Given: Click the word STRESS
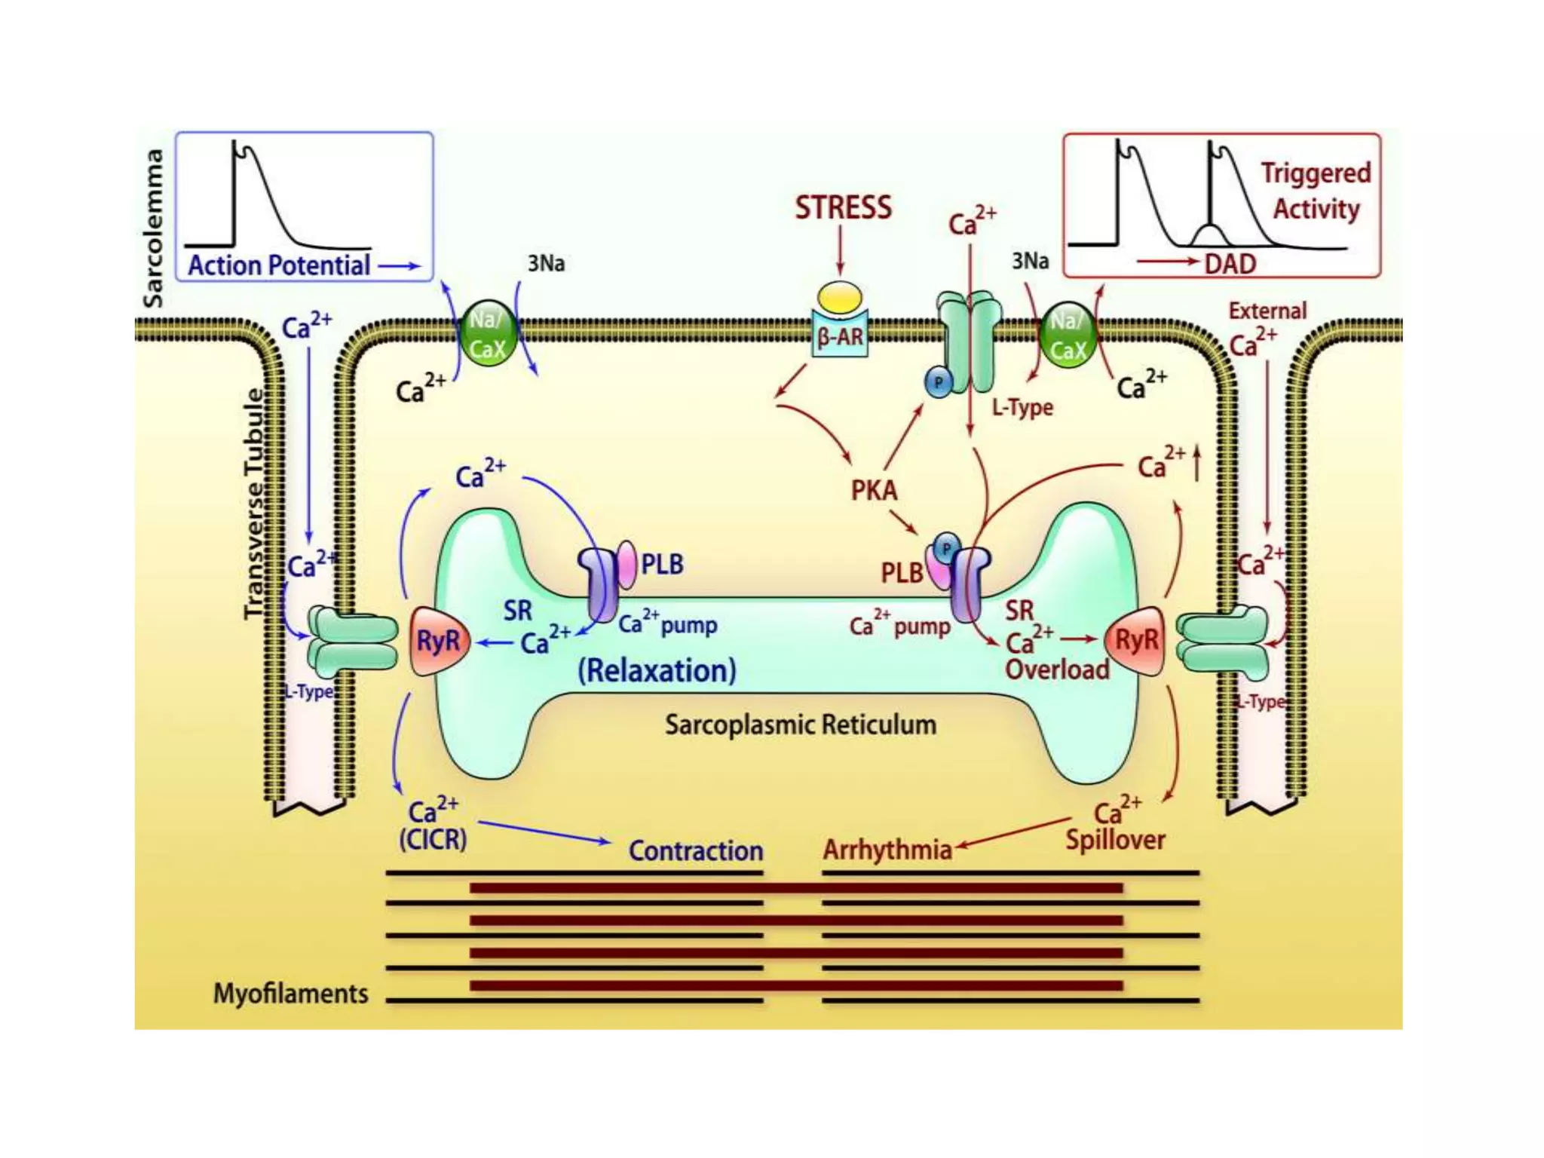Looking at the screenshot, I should [x=843, y=207].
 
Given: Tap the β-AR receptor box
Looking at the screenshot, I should [x=840, y=335].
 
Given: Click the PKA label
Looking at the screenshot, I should [x=874, y=491].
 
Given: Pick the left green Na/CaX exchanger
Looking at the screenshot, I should [x=488, y=334].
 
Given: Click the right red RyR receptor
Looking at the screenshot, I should [x=1135, y=641].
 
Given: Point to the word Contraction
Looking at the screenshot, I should [x=695, y=850].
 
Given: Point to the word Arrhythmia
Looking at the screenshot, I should [x=887, y=850].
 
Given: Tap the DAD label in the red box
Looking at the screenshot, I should [x=1230, y=264].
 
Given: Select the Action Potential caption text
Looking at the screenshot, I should [x=279, y=265].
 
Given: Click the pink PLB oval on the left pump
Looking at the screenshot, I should [x=626, y=564].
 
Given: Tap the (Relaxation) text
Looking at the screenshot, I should [x=657, y=670].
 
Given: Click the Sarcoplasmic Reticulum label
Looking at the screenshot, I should [x=800, y=725].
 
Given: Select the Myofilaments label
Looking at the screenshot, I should [x=291, y=993].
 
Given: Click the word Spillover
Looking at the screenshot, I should [x=1115, y=839].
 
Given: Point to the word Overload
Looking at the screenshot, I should [x=1057, y=669].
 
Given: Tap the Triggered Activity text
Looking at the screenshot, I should [x=1316, y=191].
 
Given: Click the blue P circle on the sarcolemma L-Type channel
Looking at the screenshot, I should [x=939, y=382].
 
